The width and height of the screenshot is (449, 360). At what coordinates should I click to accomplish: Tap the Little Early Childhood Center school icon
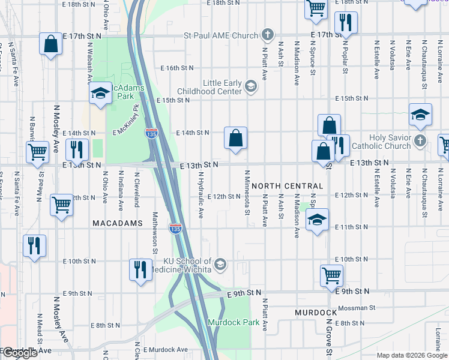pyautogui.click(x=251, y=88)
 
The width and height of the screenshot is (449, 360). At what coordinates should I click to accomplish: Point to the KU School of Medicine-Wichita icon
pyautogui.click(x=220, y=265)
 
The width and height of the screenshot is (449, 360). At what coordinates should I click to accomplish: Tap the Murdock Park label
pyautogui.click(x=234, y=322)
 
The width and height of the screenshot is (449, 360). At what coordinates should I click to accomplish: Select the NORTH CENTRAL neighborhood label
pyautogui.click(x=288, y=186)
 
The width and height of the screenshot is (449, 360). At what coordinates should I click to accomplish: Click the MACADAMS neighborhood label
pyautogui.click(x=117, y=223)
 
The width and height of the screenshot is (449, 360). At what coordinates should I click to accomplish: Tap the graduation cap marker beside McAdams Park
pyautogui.click(x=101, y=93)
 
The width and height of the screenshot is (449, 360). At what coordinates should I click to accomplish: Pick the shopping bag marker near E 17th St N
pyautogui.click(x=50, y=44)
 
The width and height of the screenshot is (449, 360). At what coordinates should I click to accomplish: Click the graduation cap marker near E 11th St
pyautogui.click(x=318, y=220)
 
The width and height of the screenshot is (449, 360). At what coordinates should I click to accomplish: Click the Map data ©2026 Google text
pyautogui.click(x=411, y=355)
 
